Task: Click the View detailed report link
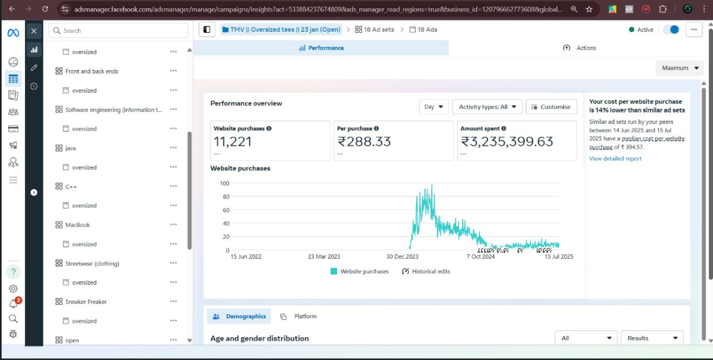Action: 615,159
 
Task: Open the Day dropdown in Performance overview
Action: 433,107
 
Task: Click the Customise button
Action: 551,107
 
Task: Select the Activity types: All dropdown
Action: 487,107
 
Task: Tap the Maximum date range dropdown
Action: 680,68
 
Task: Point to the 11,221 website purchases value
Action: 233,142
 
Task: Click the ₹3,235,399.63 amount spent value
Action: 507,142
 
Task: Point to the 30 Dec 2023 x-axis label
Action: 402,256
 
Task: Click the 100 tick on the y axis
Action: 224,183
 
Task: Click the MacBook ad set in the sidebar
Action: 77,225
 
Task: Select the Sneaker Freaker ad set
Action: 86,302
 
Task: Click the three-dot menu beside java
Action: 173,148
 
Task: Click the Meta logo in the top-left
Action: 13,33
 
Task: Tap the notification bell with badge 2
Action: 13,304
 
